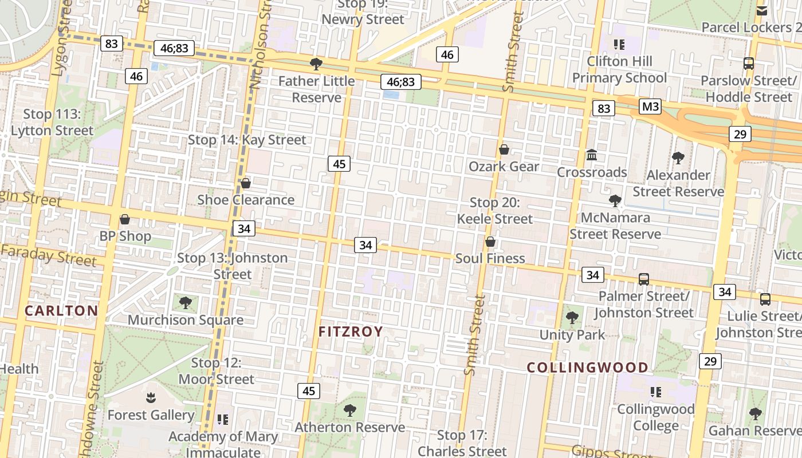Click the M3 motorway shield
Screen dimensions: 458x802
pos(650,106)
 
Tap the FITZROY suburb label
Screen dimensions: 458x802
pos(350,331)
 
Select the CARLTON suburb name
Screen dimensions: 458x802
pos(61,311)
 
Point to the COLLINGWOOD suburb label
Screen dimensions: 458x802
pos(588,368)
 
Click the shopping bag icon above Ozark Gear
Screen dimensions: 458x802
pos(504,150)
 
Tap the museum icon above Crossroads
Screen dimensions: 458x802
pos(592,155)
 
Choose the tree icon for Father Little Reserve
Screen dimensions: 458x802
pos(316,64)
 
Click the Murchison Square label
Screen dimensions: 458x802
pos(186,320)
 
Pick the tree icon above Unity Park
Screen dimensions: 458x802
pos(572,318)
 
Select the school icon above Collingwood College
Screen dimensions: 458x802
pos(656,392)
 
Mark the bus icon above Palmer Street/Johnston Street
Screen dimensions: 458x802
pos(644,279)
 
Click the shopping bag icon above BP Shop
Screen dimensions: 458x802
pos(125,219)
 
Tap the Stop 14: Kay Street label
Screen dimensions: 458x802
pos(247,140)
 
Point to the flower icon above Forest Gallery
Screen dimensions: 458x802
pos(151,397)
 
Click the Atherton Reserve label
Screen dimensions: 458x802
pos(349,427)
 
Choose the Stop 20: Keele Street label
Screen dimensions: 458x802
pos(494,210)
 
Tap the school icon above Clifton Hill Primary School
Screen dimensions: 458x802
pos(619,44)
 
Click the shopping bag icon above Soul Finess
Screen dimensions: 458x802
pos(490,242)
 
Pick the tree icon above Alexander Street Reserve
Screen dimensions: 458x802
pos(678,157)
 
